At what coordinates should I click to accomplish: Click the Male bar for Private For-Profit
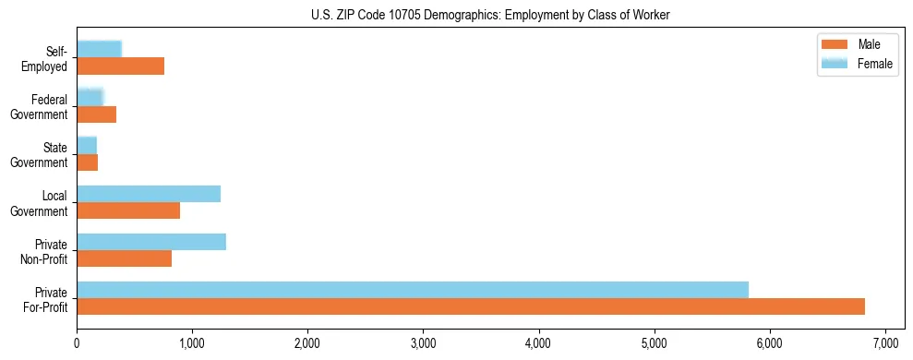pos(471,306)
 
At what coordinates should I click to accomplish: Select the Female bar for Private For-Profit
pos(413,290)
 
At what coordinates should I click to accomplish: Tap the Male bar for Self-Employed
pos(121,66)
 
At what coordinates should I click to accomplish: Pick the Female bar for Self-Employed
pos(100,49)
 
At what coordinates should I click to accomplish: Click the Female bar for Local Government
pos(149,193)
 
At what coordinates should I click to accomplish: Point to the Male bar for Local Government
pos(128,210)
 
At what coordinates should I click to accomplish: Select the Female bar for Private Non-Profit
pos(151,242)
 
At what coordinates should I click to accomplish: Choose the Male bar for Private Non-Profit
pos(125,258)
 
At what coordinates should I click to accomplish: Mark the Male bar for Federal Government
pos(97,114)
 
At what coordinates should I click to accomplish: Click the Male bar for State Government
pos(88,162)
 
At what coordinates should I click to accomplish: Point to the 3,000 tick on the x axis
pos(423,330)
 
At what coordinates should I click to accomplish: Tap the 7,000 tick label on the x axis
pos(885,343)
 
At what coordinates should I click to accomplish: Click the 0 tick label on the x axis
pos(77,343)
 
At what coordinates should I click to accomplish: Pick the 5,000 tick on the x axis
pos(655,330)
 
